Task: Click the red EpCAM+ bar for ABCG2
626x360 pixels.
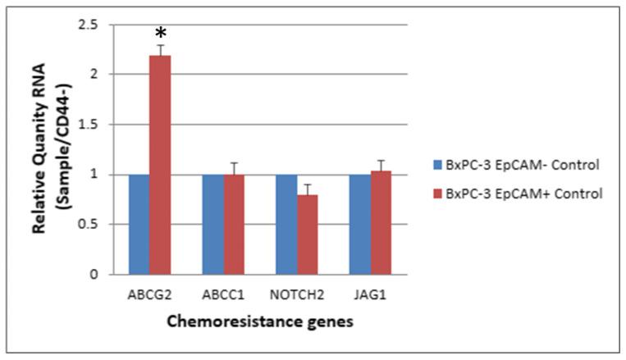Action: (x=161, y=164)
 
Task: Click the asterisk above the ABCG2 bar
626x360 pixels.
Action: (x=161, y=34)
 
